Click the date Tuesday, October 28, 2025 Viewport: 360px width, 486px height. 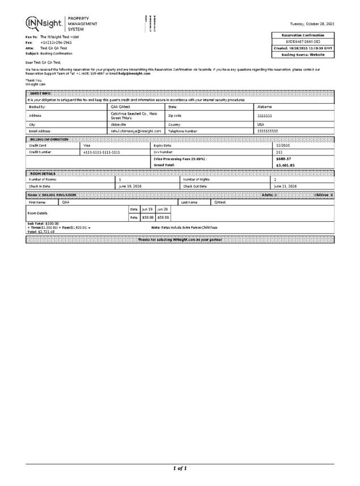point(311,23)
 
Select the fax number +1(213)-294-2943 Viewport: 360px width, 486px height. point(56,43)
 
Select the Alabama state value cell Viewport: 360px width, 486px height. point(265,107)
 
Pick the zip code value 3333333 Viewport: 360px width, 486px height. point(266,115)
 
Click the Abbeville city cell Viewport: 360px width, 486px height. point(119,124)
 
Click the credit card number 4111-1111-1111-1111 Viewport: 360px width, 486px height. point(101,152)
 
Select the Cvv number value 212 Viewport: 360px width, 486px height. point(278,152)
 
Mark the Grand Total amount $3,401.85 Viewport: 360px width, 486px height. point(285,165)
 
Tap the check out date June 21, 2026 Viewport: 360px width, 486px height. point(286,186)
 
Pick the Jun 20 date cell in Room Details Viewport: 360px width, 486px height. point(162,209)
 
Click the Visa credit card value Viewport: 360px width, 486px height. point(87,146)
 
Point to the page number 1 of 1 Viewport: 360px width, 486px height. point(180,468)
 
